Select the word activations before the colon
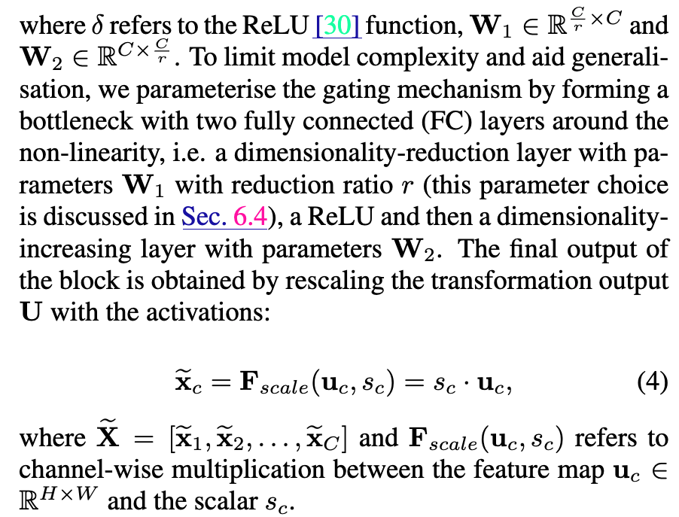[x=203, y=314]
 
